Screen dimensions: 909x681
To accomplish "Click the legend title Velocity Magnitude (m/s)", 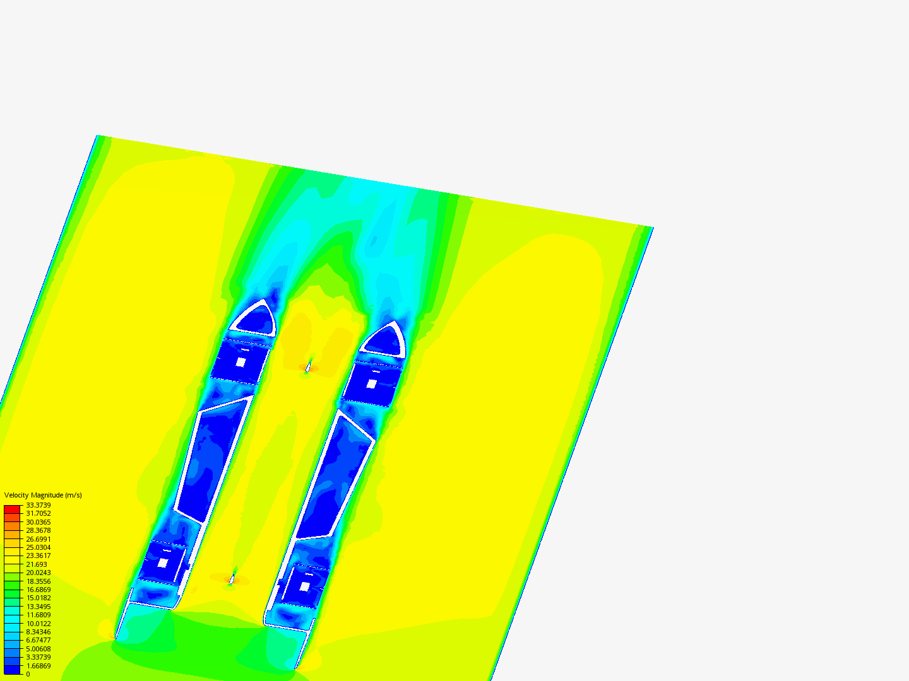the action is (43, 495).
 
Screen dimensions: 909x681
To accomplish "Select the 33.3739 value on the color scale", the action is (38, 505).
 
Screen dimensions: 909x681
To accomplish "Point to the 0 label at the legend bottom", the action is (28, 675).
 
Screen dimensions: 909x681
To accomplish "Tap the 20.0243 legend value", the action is (38, 573).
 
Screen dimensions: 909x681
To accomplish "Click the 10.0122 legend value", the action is (38, 624).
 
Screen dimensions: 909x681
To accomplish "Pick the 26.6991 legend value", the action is (38, 539).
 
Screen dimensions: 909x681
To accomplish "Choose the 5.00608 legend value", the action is (38, 649).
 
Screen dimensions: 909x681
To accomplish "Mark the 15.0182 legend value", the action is (38, 598).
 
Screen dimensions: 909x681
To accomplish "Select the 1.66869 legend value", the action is (38, 666).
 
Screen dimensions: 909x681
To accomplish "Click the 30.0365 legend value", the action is (38, 522).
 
